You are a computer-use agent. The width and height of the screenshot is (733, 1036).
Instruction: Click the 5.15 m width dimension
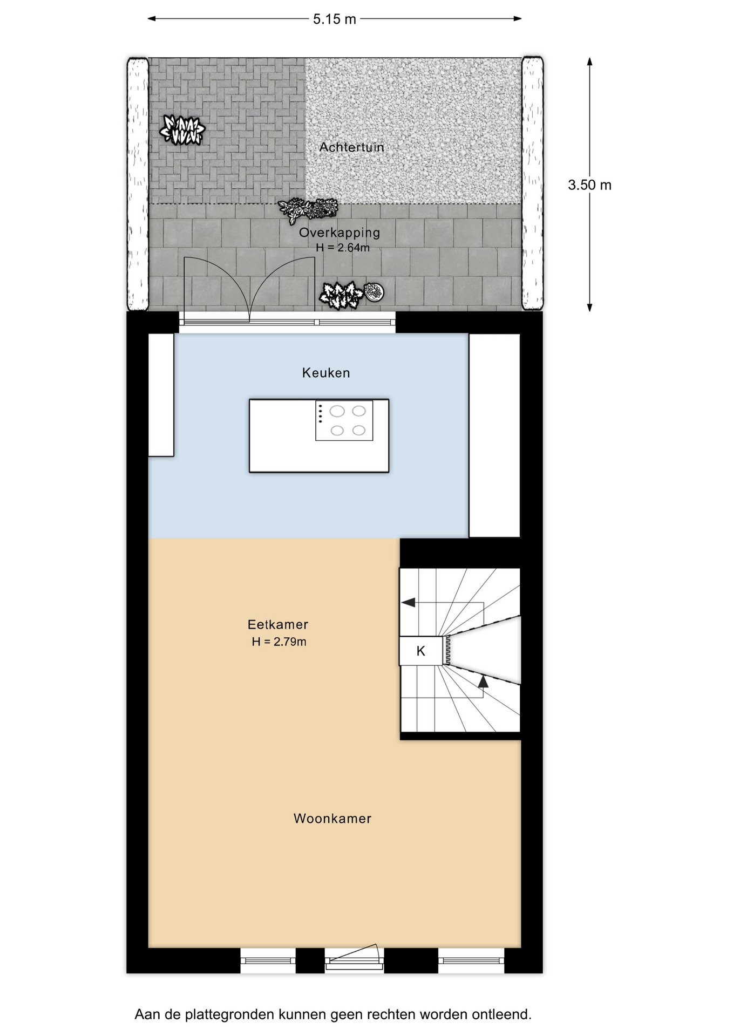click(x=335, y=19)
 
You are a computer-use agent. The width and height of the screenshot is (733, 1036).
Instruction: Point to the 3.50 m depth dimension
click(x=589, y=185)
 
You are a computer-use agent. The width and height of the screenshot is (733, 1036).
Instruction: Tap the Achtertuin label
click(x=351, y=147)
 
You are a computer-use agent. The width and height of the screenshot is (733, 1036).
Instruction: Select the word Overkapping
click(x=340, y=233)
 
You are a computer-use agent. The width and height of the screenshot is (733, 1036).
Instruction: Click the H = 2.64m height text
click(x=343, y=248)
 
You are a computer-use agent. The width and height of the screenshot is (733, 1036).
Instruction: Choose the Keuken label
click(x=326, y=373)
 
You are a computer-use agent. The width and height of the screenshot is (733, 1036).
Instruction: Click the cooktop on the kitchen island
click(x=344, y=421)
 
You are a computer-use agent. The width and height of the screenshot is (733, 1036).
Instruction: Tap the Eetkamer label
click(x=278, y=624)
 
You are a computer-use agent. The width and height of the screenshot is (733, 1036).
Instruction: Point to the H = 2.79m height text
click(x=279, y=642)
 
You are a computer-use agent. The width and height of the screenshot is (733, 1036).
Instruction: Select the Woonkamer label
click(x=332, y=819)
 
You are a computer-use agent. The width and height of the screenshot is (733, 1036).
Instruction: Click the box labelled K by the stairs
click(x=421, y=651)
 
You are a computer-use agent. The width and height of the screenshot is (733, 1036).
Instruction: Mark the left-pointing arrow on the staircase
click(x=409, y=602)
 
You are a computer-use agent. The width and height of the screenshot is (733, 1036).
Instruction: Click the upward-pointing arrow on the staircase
click(x=483, y=681)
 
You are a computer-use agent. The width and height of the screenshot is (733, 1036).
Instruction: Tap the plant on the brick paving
click(x=182, y=130)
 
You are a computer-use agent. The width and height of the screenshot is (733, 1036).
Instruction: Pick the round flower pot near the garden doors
click(x=374, y=292)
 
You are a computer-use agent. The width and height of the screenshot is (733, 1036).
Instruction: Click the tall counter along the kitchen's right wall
click(x=494, y=435)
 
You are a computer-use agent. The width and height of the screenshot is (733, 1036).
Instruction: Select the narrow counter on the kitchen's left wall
click(x=161, y=395)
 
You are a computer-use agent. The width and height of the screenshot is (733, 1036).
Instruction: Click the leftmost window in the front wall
click(x=268, y=960)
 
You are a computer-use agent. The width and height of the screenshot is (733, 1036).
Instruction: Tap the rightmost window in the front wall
click(x=471, y=960)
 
